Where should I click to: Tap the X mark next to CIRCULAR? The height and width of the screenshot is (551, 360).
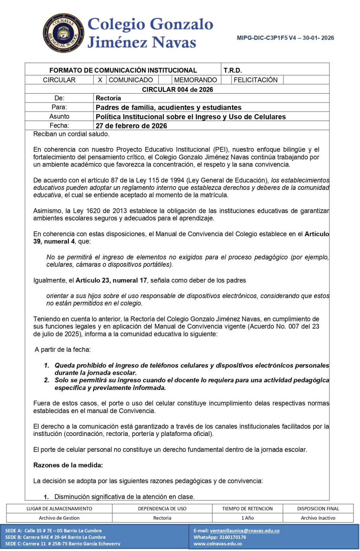tap(100, 80)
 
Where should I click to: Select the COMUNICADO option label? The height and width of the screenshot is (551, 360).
tap(131, 80)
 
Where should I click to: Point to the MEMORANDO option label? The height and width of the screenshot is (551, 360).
tap(195, 80)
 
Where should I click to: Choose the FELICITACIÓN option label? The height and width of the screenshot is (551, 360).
tap(256, 80)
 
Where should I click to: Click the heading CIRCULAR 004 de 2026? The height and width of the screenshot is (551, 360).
tap(177, 89)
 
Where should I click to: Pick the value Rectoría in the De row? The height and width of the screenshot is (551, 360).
tap(108, 98)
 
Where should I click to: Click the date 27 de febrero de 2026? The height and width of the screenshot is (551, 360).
tap(131, 126)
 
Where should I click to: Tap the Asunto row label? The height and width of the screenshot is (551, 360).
tap(59, 116)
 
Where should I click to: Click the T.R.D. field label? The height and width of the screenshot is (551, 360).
tap(233, 70)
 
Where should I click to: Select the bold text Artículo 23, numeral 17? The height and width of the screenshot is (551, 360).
tap(111, 280)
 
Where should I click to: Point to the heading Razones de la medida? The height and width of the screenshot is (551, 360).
tap(68, 465)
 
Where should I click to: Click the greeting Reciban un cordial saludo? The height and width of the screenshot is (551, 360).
tap(71, 134)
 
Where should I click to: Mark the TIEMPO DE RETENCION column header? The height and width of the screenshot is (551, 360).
tap(247, 508)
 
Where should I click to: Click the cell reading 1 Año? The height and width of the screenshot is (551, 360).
tap(247, 518)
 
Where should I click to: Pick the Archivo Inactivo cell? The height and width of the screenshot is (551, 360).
tap(318, 518)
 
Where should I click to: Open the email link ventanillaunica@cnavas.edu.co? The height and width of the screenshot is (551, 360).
tap(245, 531)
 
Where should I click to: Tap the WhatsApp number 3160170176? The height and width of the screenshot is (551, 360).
tap(232, 537)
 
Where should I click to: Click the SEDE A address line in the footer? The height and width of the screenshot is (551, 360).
tap(53, 531)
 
